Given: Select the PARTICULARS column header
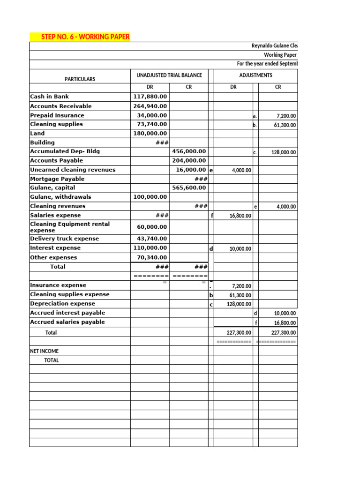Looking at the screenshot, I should (80, 79).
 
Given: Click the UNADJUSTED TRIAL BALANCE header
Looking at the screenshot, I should (169, 75).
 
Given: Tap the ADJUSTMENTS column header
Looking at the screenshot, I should (255, 75).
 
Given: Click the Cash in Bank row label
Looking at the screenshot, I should (49, 97).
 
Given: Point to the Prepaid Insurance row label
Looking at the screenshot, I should (57, 115).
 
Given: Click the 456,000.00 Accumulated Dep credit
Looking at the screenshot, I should (189, 151).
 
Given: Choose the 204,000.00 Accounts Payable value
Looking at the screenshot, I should (189, 160).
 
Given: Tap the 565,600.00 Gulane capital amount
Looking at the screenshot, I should (189, 187).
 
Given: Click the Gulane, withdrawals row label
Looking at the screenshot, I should (60, 197).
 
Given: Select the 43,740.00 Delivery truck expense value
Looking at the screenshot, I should (151, 239).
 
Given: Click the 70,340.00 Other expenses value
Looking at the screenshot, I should (151, 257).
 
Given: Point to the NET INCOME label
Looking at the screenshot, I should (44, 351).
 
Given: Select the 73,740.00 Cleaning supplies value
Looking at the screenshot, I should (151, 124).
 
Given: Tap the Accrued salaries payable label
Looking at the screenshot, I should (67, 322).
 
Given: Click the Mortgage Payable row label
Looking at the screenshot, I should (57, 179).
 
